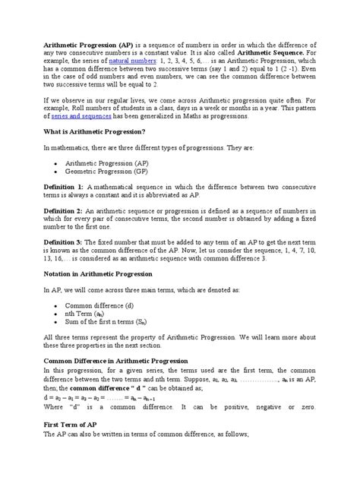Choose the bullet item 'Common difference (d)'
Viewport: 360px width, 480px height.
pos(99,325)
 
